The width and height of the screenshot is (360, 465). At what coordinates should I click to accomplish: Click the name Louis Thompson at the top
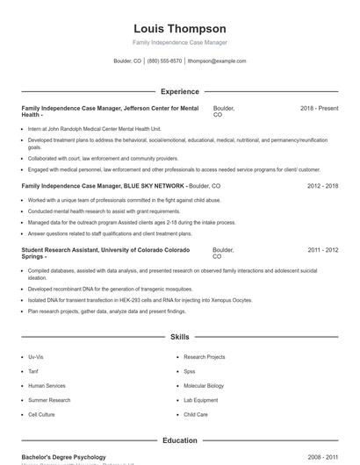click(180, 29)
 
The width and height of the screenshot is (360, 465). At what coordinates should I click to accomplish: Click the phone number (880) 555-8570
click(164, 61)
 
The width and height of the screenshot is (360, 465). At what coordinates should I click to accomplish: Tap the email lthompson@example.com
click(217, 61)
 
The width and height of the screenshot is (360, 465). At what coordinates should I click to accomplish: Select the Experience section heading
click(180, 91)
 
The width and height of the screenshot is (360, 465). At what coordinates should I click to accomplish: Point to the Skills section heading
click(180, 337)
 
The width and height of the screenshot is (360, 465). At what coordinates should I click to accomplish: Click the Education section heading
click(180, 440)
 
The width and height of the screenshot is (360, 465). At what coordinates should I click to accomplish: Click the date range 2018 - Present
click(319, 108)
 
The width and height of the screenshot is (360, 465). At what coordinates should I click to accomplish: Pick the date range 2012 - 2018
click(323, 186)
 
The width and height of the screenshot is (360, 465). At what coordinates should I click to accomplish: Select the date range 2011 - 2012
click(323, 250)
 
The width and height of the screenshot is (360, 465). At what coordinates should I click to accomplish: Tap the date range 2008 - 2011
click(323, 457)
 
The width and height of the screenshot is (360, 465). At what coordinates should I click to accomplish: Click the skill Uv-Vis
click(36, 357)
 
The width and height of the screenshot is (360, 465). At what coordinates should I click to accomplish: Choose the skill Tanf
click(33, 371)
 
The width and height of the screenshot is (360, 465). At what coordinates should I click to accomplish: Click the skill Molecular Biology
click(204, 385)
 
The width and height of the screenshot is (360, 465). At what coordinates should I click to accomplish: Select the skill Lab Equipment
click(201, 400)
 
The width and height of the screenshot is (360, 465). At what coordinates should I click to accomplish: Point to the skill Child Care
click(196, 414)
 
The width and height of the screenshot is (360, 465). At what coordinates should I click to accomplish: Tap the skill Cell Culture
click(41, 414)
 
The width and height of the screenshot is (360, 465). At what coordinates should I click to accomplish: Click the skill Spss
click(190, 371)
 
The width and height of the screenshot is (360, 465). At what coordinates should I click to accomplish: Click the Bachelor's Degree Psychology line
click(63, 457)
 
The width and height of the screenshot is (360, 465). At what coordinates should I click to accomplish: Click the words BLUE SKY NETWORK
click(156, 186)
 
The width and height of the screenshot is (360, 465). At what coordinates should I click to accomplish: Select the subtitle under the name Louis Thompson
click(180, 42)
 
